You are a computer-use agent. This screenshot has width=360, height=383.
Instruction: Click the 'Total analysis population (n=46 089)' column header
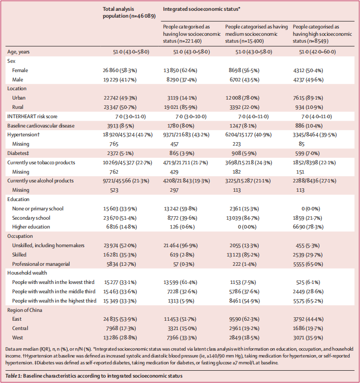click(129, 12)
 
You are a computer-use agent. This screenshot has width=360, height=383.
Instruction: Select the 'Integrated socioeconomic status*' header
click(201, 9)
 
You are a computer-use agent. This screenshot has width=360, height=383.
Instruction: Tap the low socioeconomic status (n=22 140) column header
click(192, 34)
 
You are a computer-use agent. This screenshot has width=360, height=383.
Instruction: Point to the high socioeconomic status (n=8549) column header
click(322, 34)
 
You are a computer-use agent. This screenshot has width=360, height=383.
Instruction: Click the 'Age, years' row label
click(18, 52)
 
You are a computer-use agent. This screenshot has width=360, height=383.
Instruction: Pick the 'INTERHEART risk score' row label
click(32, 117)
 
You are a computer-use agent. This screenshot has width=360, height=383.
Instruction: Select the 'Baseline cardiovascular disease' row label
click(41, 126)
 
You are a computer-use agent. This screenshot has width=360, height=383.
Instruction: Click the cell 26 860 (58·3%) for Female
click(120, 70)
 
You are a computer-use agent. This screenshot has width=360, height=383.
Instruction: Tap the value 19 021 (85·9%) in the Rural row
click(180, 107)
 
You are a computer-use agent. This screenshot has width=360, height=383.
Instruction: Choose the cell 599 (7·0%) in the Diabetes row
click(307, 153)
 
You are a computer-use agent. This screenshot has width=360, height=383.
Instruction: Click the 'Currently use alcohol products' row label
click(40, 181)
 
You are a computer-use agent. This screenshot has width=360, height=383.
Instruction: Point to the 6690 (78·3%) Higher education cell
click(308, 227)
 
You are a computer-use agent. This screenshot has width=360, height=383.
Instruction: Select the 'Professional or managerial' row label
click(41, 264)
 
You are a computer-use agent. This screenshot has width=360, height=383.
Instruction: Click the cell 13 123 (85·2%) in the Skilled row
click(242, 255)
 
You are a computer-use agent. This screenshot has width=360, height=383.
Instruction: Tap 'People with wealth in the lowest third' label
click(53, 282)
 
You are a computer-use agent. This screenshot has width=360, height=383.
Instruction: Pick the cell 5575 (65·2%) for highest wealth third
click(308, 301)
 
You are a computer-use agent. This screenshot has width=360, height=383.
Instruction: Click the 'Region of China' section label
click(24, 310)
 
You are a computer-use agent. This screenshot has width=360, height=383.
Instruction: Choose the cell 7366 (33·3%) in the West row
click(182, 338)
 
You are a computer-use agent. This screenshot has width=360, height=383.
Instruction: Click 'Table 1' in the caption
click(13, 376)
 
